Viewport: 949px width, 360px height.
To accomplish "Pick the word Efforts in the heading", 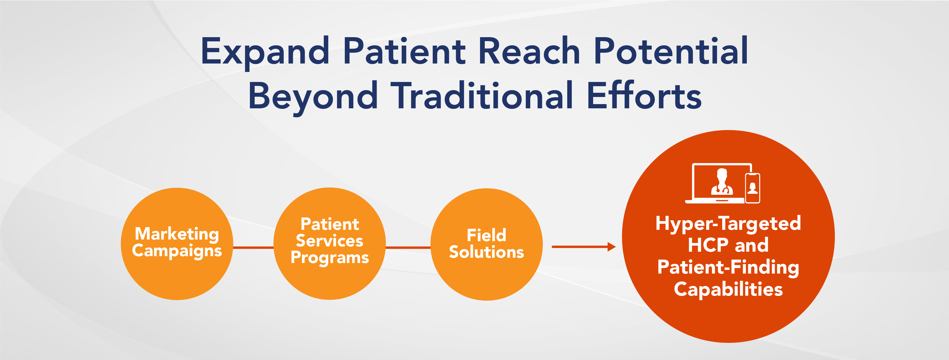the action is [x=644, y=95].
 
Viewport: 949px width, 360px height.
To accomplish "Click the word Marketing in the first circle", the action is [x=177, y=234].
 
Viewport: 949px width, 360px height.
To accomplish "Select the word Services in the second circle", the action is [x=330, y=241].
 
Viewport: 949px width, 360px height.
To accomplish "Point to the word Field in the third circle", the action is [x=486, y=235].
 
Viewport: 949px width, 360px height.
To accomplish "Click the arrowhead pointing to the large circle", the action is [x=612, y=247].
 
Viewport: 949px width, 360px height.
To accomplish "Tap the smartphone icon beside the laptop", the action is [x=753, y=188].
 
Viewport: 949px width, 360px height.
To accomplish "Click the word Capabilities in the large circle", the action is [x=728, y=290].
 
